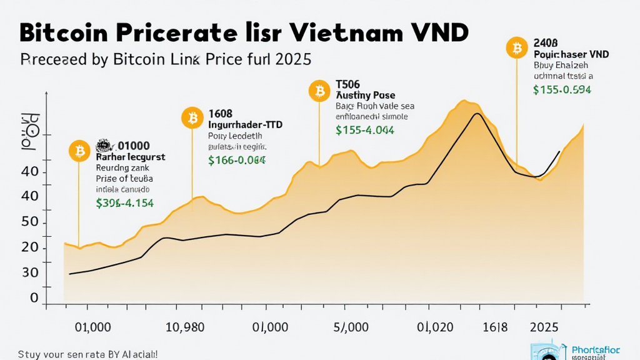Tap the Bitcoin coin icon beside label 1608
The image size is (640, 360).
[192, 117]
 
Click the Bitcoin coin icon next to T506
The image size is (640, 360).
[319, 91]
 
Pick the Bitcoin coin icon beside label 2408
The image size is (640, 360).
[517, 47]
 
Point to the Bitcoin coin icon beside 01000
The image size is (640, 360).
[79, 151]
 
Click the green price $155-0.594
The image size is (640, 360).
[562, 89]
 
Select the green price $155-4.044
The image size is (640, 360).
[364, 130]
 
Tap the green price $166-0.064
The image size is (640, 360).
[237, 160]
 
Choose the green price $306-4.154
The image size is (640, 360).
[125, 202]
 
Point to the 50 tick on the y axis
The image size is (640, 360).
[30, 222]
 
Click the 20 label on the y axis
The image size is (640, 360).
[30, 248]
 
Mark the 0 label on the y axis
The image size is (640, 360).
[34, 299]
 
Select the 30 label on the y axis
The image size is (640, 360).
[30, 273]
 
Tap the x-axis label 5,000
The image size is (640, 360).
[351, 327]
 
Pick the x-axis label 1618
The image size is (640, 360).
[492, 327]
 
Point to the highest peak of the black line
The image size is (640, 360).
[477, 113]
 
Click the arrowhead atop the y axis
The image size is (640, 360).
[47, 94]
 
